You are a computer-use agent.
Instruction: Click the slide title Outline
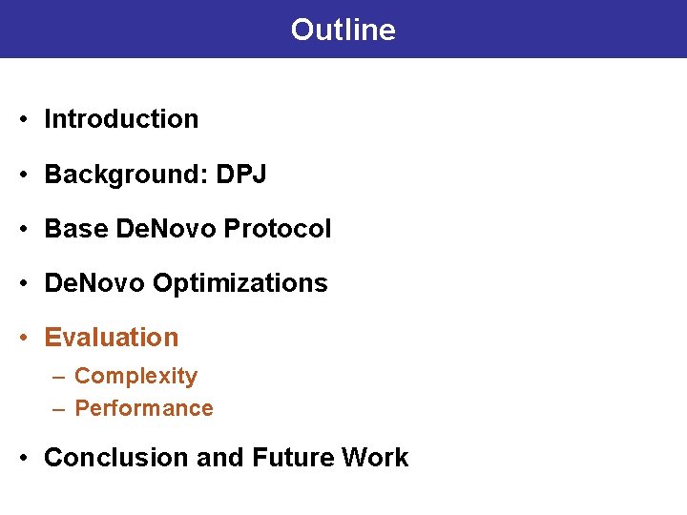[x=343, y=30]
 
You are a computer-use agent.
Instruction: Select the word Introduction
[x=121, y=119]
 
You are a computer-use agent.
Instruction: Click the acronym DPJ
[x=241, y=175]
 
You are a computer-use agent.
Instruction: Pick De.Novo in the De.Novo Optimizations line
[x=94, y=283]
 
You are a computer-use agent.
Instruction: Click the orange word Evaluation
[x=112, y=338]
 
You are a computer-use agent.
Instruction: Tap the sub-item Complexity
[x=135, y=376]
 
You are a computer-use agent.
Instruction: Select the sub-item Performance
[x=143, y=408]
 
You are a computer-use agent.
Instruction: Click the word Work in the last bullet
[x=374, y=458]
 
